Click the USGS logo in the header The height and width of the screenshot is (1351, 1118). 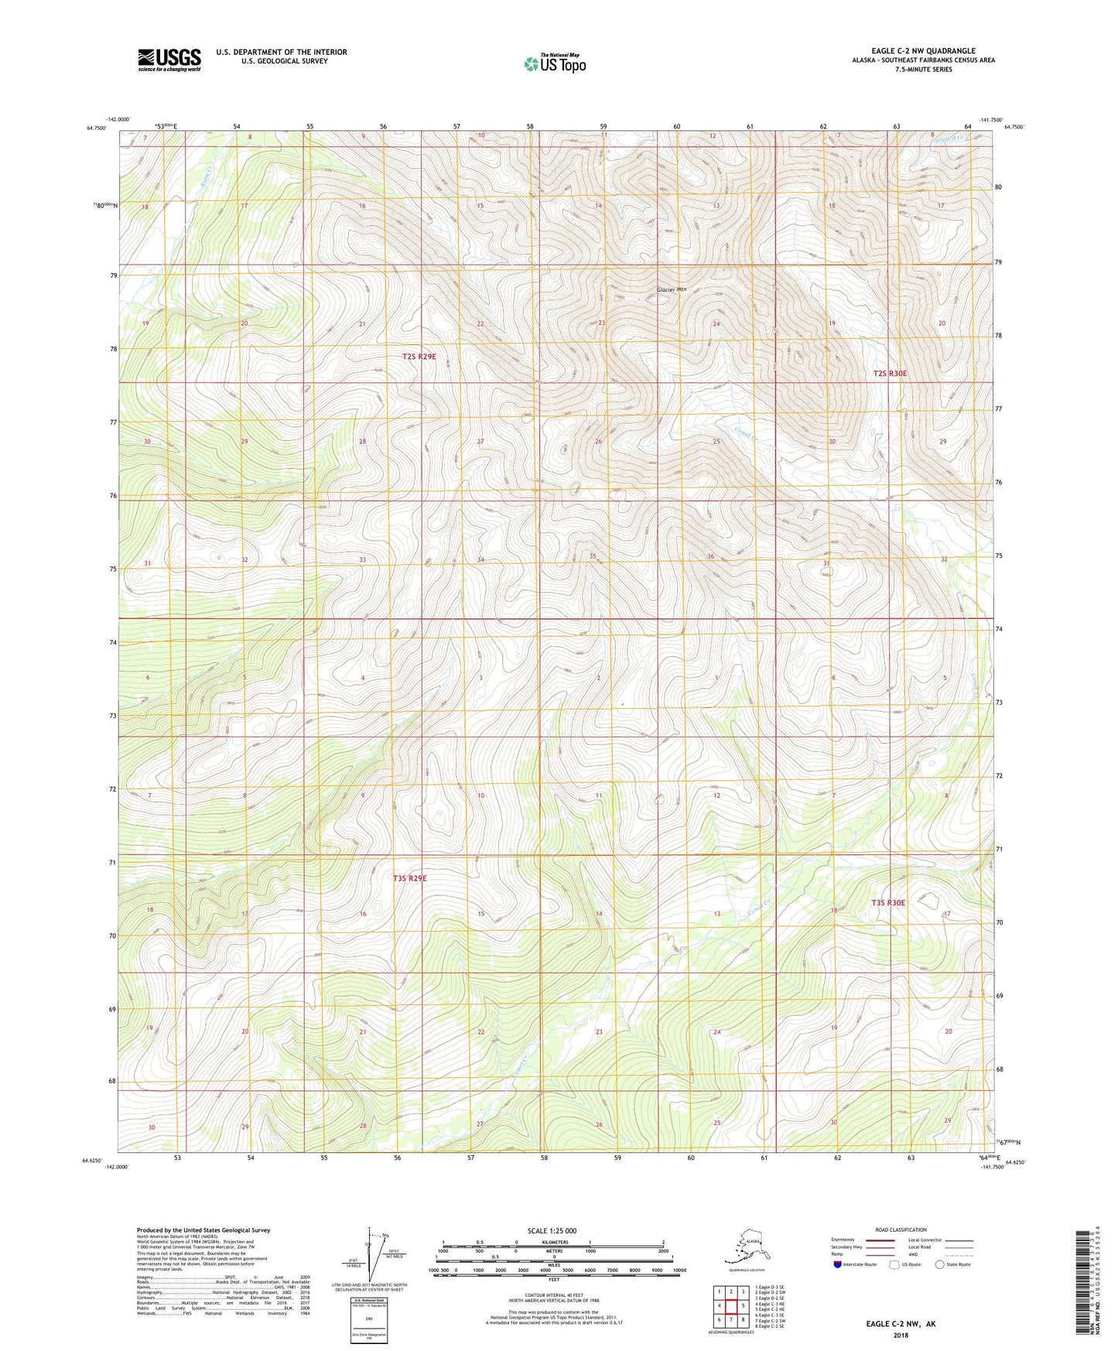(x=169, y=60)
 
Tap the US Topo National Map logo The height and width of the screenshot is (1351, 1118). (x=554, y=63)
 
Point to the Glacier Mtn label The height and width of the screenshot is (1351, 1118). (x=671, y=289)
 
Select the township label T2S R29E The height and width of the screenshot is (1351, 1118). (x=419, y=357)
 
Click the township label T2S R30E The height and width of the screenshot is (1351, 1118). (x=889, y=373)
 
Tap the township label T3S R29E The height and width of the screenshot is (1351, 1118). (x=409, y=878)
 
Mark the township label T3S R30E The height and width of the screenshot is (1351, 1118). (x=887, y=902)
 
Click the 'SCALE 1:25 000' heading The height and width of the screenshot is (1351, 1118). (x=552, y=1231)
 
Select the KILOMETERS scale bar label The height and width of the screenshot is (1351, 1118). (x=552, y=1243)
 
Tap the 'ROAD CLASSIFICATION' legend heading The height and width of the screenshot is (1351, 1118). (x=901, y=1230)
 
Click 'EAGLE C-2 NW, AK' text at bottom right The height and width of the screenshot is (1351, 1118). (x=901, y=1324)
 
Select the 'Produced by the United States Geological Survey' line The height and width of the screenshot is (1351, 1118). (x=203, y=1230)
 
